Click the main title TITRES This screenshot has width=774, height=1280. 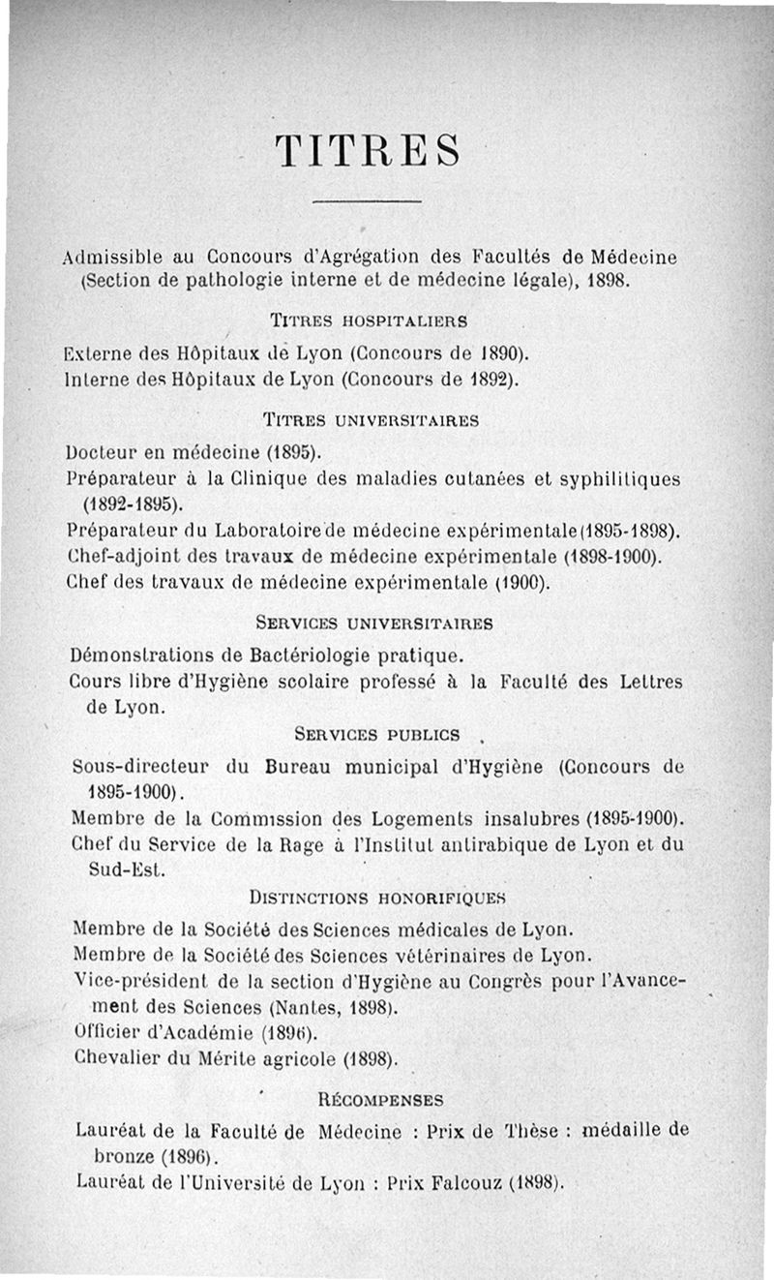coord(368,151)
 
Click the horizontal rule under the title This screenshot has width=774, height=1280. coord(369,201)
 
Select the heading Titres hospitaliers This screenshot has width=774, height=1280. coord(368,319)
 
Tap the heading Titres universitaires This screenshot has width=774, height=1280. coord(371,420)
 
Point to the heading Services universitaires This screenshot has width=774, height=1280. coord(373,623)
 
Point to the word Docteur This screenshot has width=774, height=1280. coord(103,451)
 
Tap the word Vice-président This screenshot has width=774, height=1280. coord(134,981)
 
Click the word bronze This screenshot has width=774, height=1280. coord(123,1155)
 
